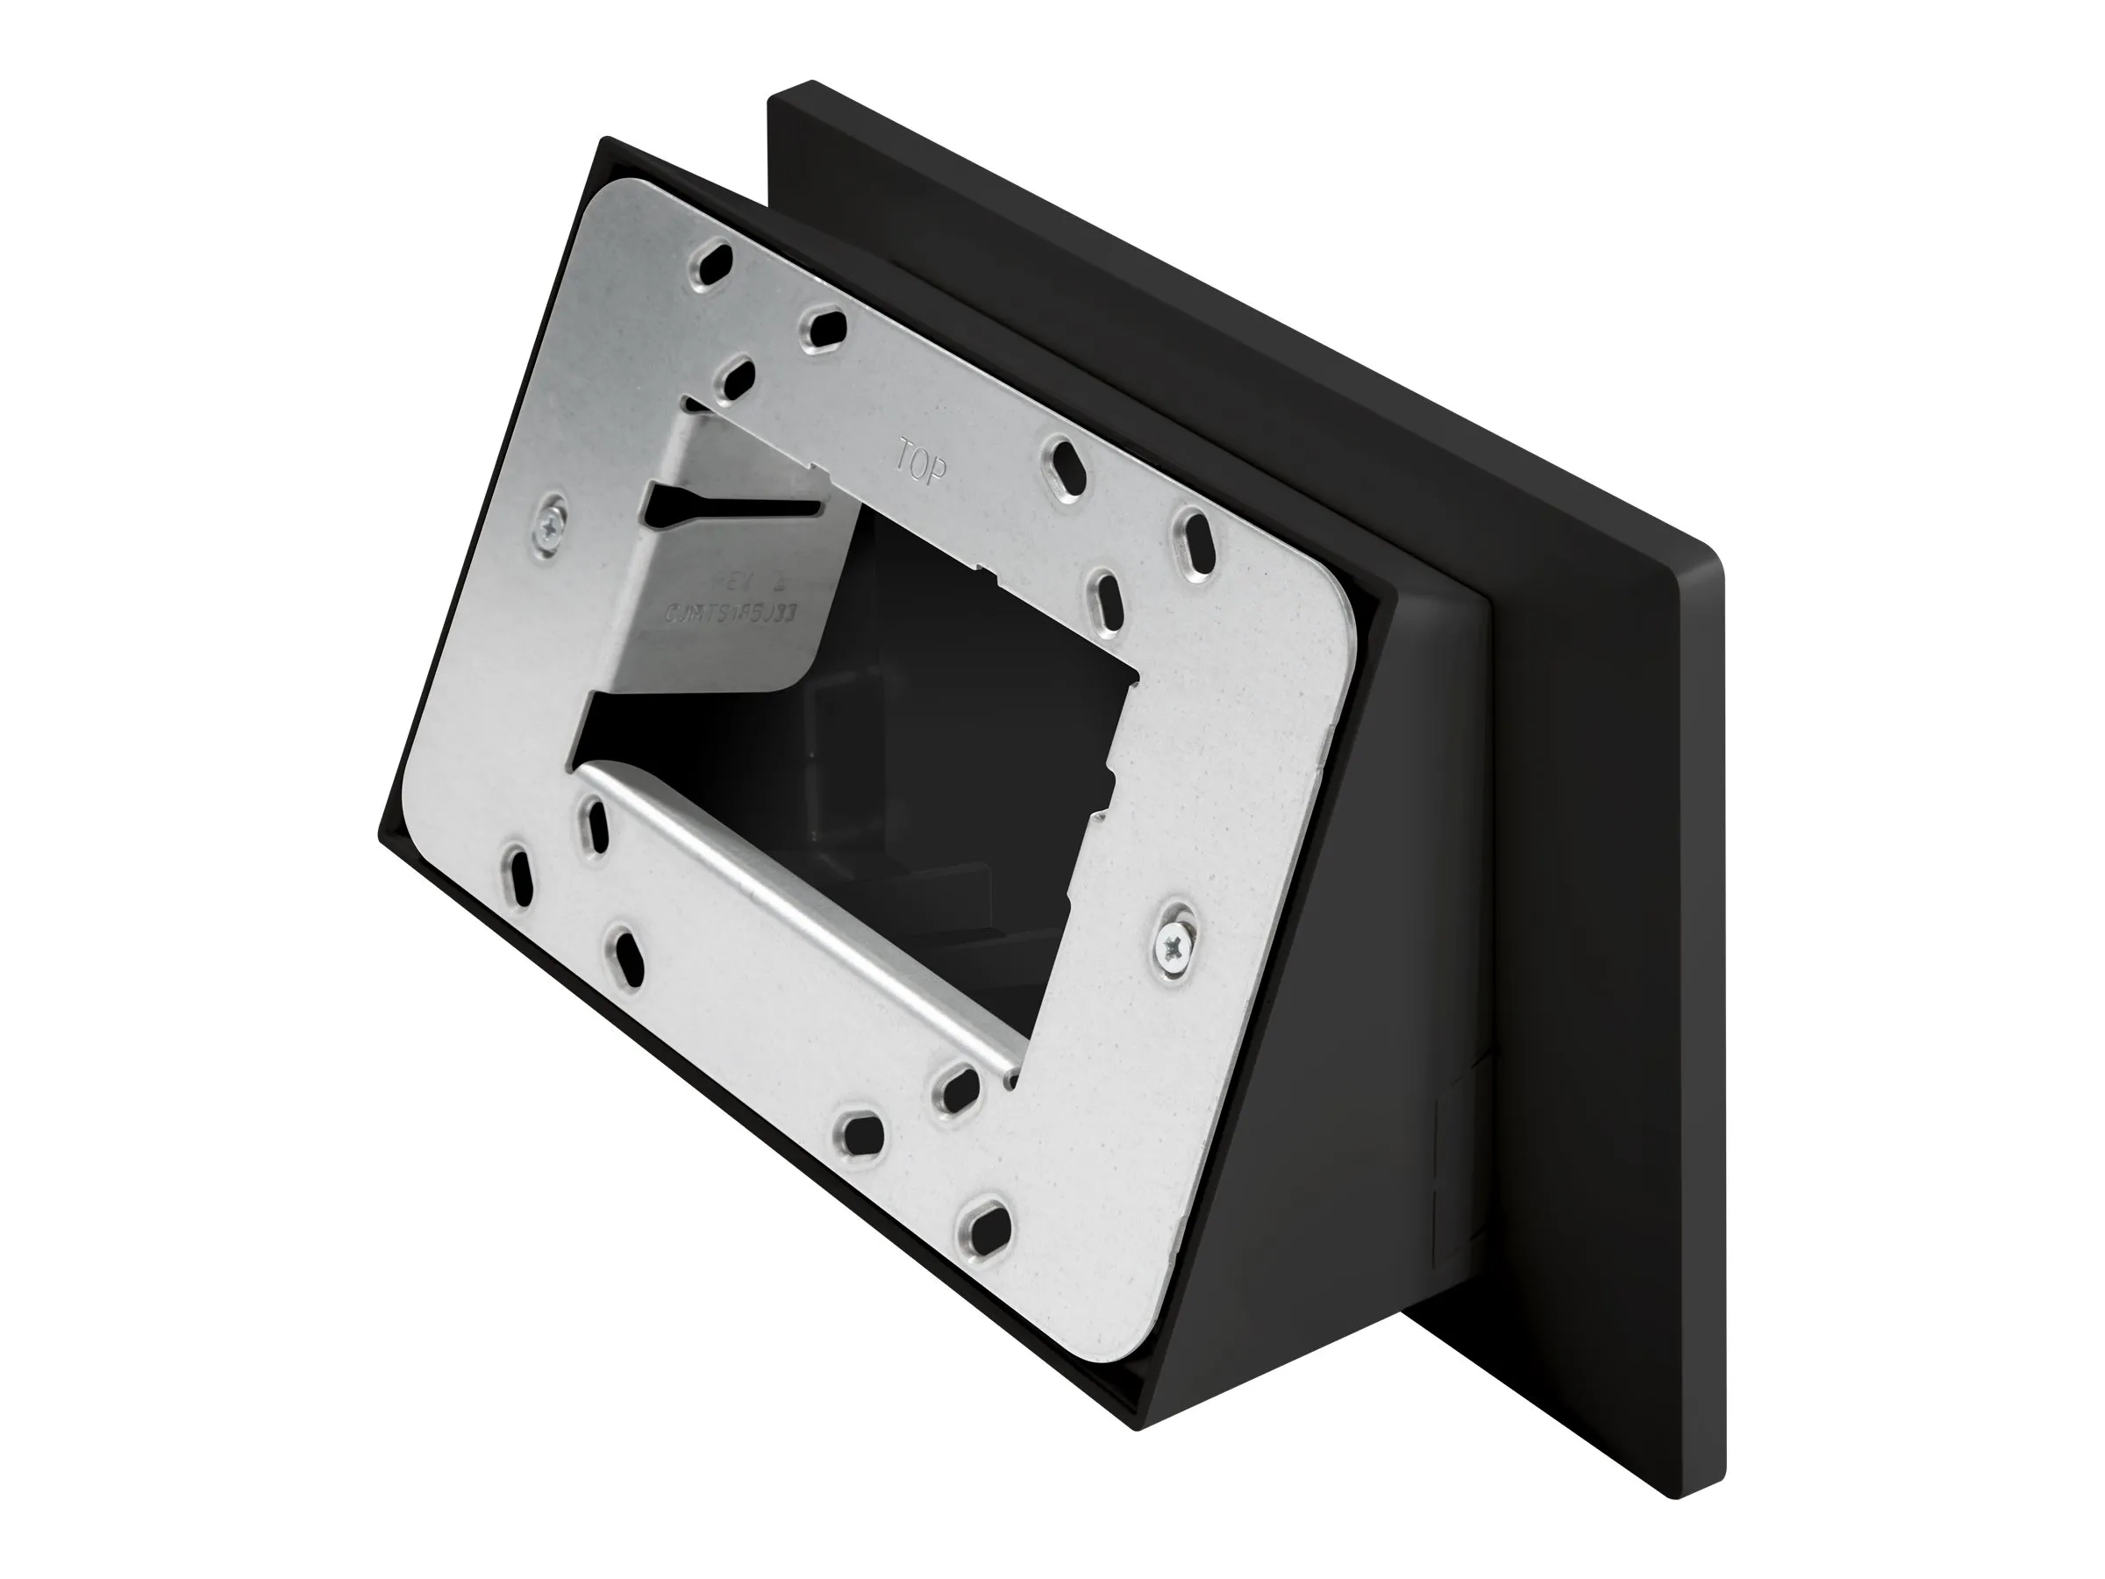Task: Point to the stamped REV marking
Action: point(753,582)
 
